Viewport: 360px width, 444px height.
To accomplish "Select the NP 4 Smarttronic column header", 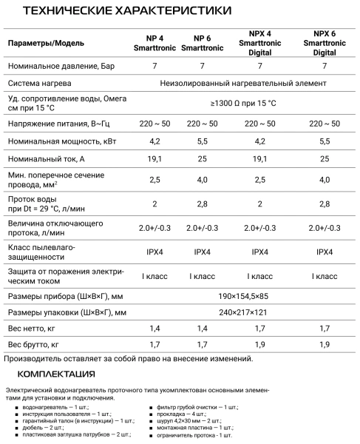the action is point(155,42).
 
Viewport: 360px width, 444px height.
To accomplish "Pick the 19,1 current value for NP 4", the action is point(155,159).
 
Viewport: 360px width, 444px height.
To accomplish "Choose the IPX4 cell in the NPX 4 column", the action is point(260,252).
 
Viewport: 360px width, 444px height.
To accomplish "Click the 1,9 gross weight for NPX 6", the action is point(325,345).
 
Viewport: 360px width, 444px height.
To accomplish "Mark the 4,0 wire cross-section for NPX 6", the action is point(325,180).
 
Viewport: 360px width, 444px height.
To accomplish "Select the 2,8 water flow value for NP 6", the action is point(201,203).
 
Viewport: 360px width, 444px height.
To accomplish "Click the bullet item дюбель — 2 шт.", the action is point(44,427).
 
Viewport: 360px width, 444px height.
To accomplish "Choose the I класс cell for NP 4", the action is point(155,276).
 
